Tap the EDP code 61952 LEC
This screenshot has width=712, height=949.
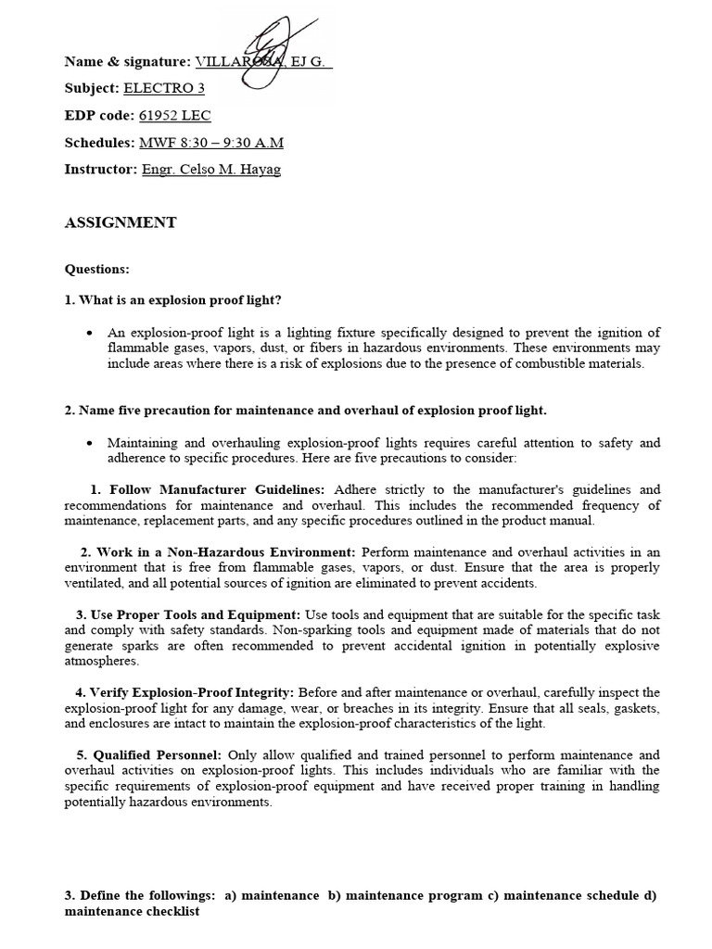pyautogui.click(x=175, y=116)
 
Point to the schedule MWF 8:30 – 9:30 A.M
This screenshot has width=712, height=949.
pyautogui.click(x=211, y=143)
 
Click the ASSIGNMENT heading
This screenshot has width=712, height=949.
pyautogui.click(x=120, y=222)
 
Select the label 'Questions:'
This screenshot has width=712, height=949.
pyautogui.click(x=97, y=269)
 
